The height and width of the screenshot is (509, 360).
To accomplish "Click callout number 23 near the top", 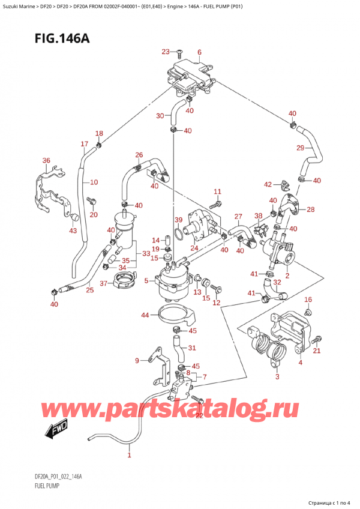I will [166, 52].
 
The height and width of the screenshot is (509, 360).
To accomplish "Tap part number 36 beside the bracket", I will [46, 160].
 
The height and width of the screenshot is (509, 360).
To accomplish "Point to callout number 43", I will [73, 230].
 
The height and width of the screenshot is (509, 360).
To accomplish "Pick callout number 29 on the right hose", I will [301, 148].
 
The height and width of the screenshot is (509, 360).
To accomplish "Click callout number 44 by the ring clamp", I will [146, 315].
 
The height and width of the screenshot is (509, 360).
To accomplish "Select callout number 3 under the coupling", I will [277, 377].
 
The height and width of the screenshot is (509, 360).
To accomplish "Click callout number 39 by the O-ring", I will [178, 220].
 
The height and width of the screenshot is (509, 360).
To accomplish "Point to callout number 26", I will [139, 155].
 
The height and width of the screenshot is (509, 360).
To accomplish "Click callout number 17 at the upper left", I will [85, 143].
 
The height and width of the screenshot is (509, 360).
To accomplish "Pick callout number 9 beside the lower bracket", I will [137, 360].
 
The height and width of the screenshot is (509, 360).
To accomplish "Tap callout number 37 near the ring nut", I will [103, 283].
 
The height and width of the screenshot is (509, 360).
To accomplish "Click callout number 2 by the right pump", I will [287, 276].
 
